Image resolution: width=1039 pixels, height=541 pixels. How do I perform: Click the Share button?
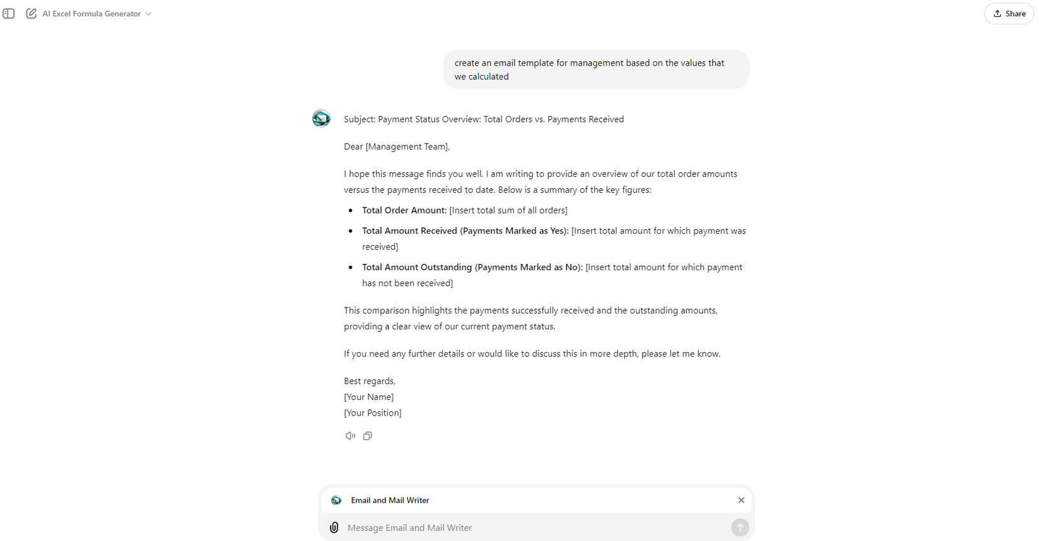coord(1009,14)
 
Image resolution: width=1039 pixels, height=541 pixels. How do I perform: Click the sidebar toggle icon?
coord(9,14)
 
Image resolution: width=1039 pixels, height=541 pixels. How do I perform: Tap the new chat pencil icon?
coord(31,14)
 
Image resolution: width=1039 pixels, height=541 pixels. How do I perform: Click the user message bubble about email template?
coord(596,69)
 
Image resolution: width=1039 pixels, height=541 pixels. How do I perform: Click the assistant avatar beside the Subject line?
coord(321,118)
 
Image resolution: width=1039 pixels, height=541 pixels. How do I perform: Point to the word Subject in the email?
coord(359,119)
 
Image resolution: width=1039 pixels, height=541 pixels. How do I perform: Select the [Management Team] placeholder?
coord(407,147)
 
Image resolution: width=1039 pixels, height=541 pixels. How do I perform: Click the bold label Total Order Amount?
coord(404,210)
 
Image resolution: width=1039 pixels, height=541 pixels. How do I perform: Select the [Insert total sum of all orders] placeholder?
coord(508,210)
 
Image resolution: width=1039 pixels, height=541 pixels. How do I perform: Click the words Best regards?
coord(370,381)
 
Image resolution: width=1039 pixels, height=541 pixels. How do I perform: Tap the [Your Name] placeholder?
coord(368,397)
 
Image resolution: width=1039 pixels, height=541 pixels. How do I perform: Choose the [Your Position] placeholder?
coord(372,413)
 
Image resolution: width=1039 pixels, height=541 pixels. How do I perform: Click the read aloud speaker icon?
coord(350,436)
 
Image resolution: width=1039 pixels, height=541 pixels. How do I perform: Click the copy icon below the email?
coord(368,436)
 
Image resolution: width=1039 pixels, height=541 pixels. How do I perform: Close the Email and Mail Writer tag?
coord(741,500)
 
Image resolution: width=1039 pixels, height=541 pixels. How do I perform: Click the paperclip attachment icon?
coord(334,528)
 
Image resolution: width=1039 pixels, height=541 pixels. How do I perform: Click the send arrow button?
coord(740,528)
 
